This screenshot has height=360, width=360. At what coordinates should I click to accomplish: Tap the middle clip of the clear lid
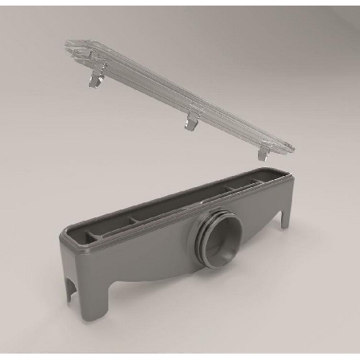(192, 119)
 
